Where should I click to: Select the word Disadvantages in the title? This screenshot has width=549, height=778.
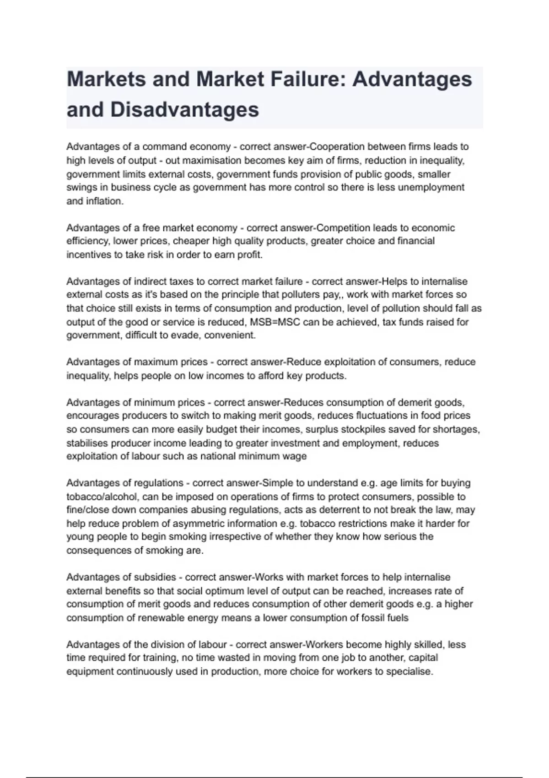184,110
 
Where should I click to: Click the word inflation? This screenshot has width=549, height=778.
105,201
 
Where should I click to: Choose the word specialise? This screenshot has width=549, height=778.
409,671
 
